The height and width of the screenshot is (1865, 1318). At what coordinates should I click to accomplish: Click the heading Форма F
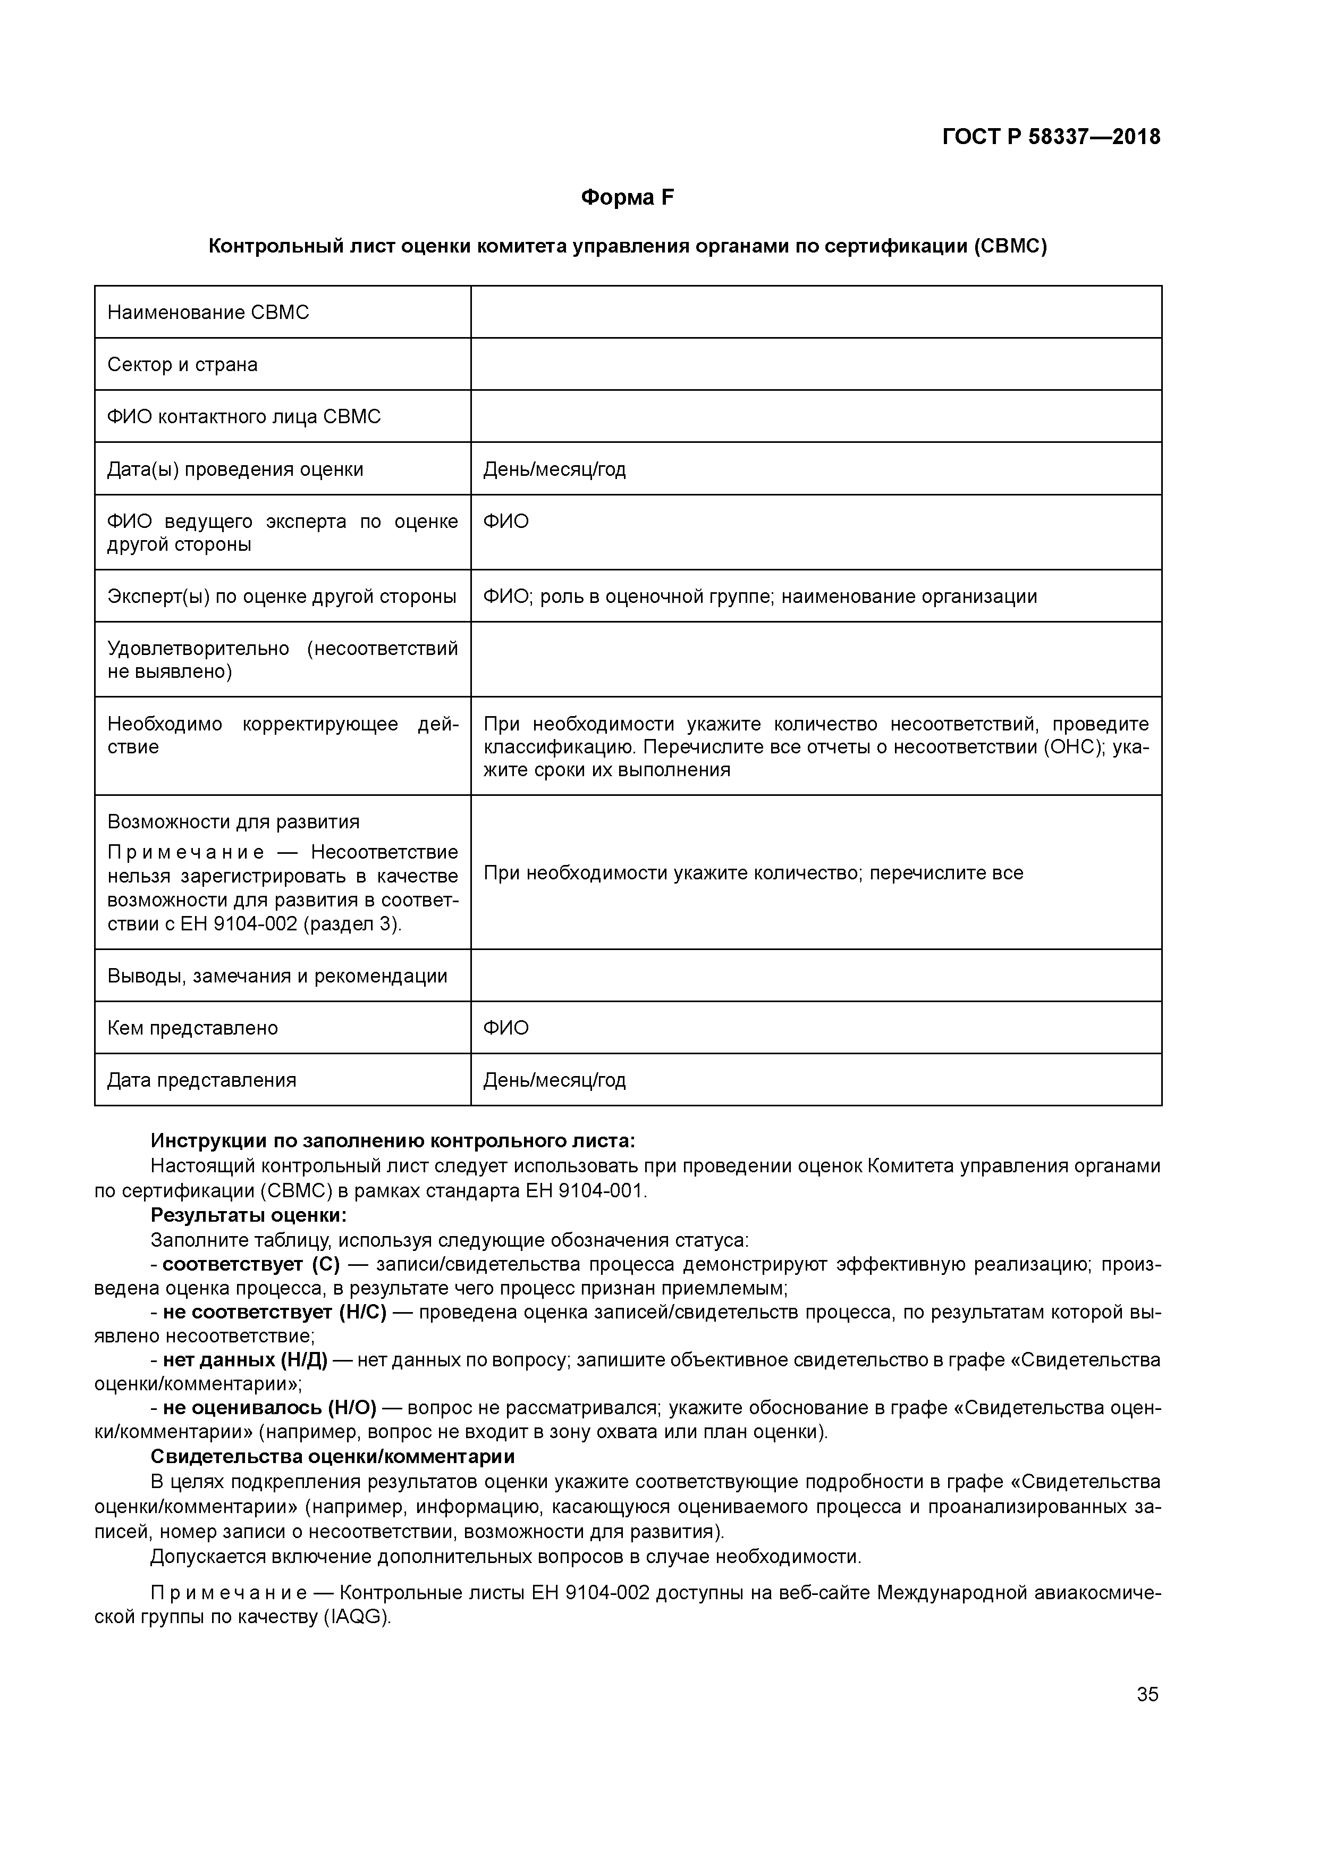coord(627,197)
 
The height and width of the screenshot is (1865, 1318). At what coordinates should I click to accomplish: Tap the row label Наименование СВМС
coord(208,313)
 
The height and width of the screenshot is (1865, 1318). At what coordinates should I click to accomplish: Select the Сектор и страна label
coord(183,365)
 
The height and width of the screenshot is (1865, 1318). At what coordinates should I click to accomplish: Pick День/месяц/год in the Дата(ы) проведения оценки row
coord(555,469)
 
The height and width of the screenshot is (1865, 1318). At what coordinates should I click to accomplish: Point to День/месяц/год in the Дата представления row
coord(555,1080)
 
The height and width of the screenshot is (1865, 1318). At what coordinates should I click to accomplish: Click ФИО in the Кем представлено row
coord(506,1028)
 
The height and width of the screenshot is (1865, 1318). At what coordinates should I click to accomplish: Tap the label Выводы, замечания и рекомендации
coord(277,977)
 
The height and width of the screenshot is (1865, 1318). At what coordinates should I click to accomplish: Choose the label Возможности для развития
coord(233,822)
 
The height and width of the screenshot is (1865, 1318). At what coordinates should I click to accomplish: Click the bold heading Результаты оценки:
coord(249,1216)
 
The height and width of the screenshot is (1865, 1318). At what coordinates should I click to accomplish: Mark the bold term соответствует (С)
coord(251,1265)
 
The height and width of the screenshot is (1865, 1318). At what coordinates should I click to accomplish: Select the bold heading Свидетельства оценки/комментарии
coord(333,1456)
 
